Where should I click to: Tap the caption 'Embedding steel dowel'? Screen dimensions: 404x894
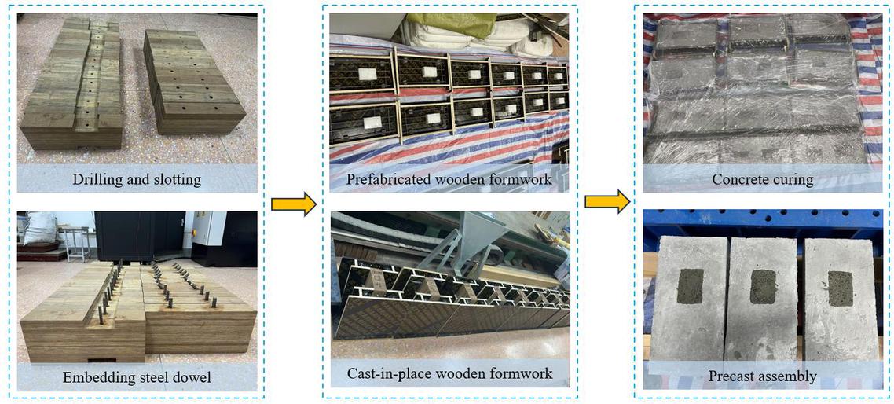point(137,378)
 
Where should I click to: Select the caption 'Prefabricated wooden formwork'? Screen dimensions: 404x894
point(449,180)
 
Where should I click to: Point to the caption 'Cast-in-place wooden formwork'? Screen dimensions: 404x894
point(449,372)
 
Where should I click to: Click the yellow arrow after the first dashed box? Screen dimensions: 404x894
point(292,205)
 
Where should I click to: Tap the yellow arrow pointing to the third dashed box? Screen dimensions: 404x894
point(606,203)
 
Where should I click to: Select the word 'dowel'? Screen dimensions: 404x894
point(192,378)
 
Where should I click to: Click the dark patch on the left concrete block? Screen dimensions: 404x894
point(691,285)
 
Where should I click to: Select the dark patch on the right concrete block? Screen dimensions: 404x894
point(840,288)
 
